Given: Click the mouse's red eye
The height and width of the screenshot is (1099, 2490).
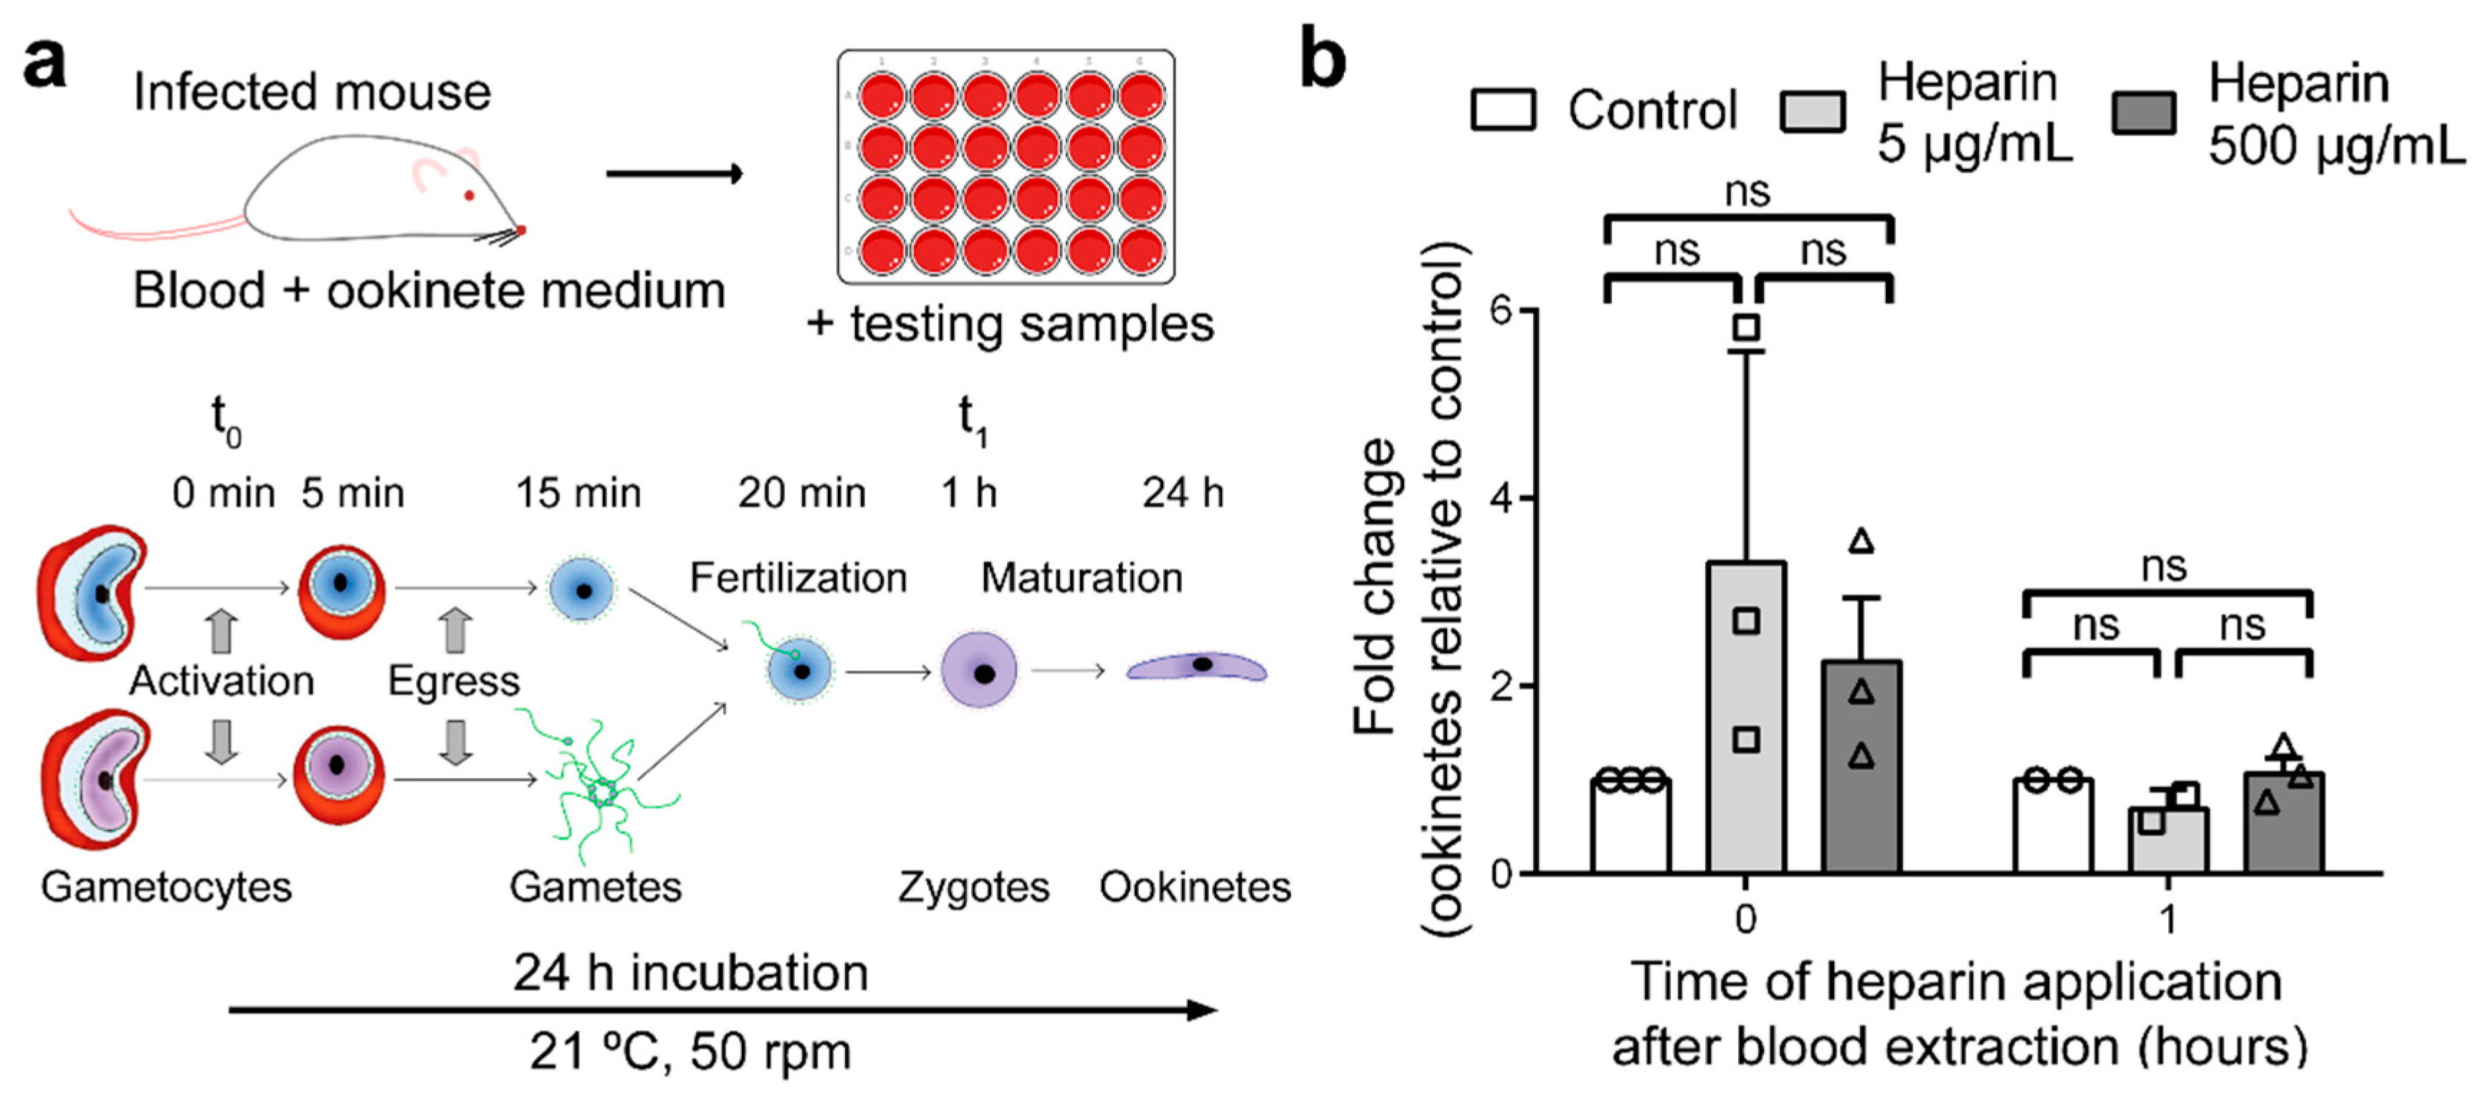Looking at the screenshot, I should pos(469,195).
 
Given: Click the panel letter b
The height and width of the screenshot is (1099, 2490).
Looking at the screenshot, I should pos(1322,60).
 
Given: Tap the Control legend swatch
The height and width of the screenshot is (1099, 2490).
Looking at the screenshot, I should pos(1502,110).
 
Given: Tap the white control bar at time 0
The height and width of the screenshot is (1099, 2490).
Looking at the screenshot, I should pos(1631,827).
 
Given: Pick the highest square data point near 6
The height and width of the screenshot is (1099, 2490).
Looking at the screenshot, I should pos(1746,327).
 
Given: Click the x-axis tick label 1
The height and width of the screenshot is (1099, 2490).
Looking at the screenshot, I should pos(2168,919).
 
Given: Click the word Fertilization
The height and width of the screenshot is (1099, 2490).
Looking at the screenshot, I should pos(798,578).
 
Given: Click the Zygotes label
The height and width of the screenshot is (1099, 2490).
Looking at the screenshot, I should pos(973,888).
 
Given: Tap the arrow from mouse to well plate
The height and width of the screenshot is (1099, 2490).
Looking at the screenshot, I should pos(674,174).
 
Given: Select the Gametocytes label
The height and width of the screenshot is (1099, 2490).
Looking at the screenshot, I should pos(166,888).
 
